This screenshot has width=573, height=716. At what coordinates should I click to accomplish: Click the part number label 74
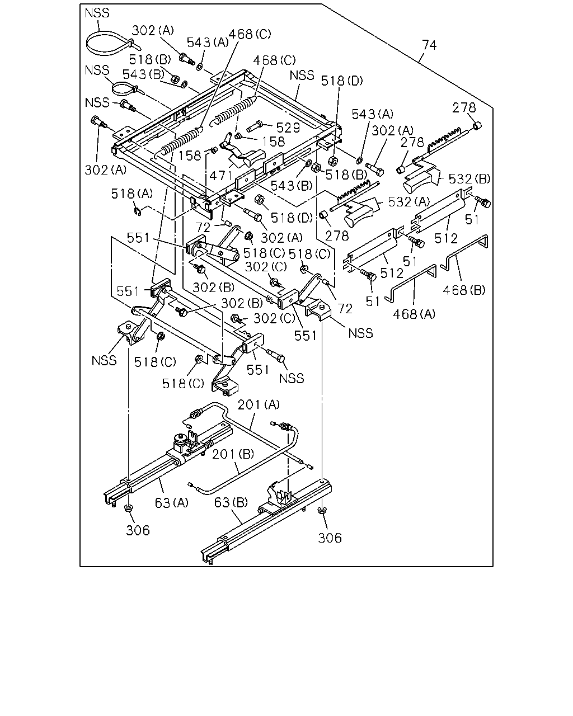(429, 45)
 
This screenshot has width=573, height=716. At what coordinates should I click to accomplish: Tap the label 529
(288, 128)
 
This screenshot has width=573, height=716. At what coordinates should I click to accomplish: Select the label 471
(220, 175)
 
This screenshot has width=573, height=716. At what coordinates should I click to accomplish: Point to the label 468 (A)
(414, 314)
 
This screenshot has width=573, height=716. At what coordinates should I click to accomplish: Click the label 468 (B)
(464, 290)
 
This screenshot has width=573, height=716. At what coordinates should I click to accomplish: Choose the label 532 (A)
(409, 201)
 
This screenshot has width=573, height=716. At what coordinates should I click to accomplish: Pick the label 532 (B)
(469, 179)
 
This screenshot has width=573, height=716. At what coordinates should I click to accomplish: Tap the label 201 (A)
(259, 404)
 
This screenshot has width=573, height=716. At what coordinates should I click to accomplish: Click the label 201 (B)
(233, 454)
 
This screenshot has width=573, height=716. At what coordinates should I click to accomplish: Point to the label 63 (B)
(231, 502)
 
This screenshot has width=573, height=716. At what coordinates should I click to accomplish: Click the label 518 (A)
(132, 194)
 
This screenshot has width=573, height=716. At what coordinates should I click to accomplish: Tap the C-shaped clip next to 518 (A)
(138, 211)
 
